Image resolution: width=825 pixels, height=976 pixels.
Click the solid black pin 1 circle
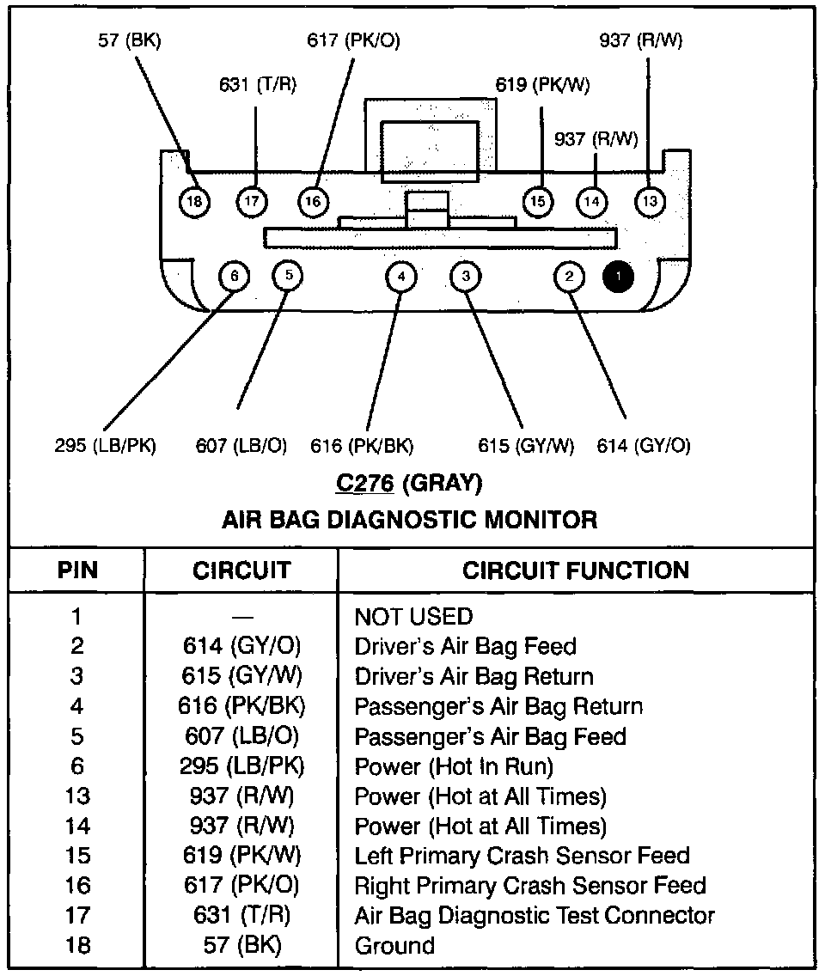(619, 276)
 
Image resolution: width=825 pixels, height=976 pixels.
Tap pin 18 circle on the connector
(195, 202)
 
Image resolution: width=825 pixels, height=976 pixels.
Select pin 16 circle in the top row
(313, 202)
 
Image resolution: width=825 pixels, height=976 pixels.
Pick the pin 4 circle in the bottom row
(400, 276)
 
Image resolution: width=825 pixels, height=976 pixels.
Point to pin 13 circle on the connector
(650, 202)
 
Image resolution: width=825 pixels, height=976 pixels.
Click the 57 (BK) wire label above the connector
(129, 40)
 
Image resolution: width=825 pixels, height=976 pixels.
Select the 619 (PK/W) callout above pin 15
(542, 85)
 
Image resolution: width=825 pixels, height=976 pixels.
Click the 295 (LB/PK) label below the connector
(104, 446)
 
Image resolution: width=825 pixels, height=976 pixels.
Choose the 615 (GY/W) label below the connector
(525, 446)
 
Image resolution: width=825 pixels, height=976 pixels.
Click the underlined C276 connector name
(364, 483)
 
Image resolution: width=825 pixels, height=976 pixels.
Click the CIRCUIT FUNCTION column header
(575, 570)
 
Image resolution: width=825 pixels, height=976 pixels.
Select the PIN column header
(77, 570)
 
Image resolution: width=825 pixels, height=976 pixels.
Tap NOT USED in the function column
(413, 617)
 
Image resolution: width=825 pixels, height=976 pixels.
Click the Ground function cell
(394, 946)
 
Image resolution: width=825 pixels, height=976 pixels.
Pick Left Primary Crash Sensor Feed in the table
(522, 856)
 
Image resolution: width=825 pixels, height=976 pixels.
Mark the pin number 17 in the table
(77, 916)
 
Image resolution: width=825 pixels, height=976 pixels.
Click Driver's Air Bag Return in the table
(474, 676)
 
